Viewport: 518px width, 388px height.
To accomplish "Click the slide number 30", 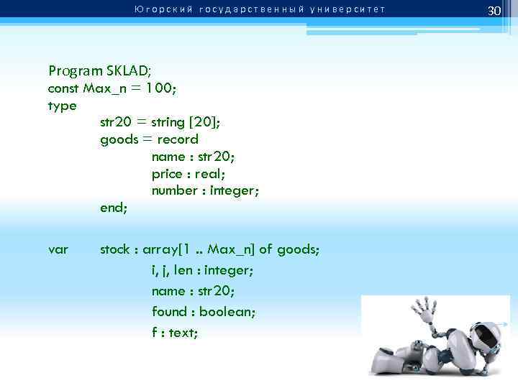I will (x=494, y=11).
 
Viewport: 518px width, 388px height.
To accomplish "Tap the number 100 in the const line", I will (x=161, y=88).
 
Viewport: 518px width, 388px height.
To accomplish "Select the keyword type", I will (x=62, y=106).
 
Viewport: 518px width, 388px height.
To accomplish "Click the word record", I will (x=178, y=139).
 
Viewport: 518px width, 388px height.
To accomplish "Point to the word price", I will (x=167, y=174).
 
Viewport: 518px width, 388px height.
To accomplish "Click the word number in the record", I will (x=174, y=190).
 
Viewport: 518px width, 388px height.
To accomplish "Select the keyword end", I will (x=112, y=208).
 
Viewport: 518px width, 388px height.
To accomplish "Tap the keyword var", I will (x=58, y=250).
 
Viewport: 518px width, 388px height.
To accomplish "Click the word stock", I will (x=115, y=249).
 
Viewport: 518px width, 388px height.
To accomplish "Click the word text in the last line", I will (x=183, y=333).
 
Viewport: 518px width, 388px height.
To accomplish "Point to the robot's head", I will (x=481, y=338).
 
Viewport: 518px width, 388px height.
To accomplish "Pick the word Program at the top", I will (x=72, y=70).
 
